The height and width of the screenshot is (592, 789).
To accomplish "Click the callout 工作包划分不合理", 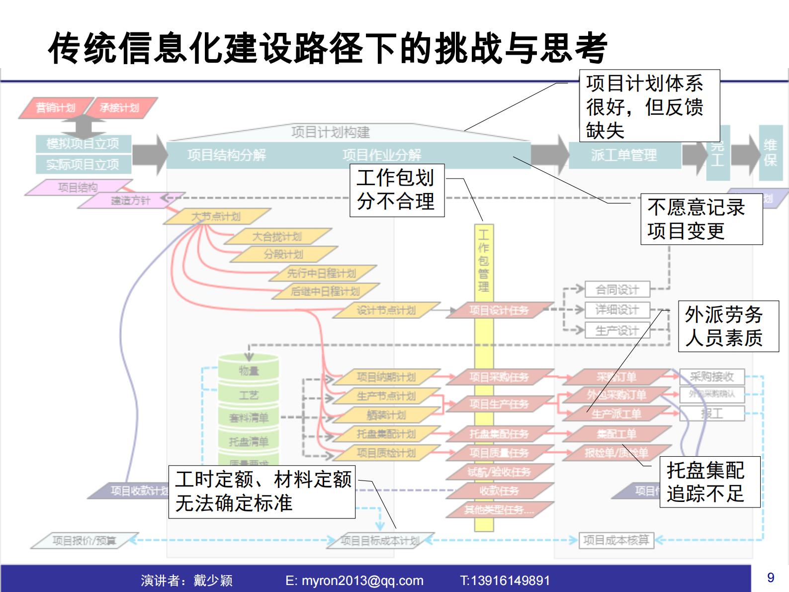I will coord(397,191).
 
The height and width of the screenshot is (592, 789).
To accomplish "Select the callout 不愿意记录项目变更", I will coord(701,219).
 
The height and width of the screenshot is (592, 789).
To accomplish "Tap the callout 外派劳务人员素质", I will coord(728,326).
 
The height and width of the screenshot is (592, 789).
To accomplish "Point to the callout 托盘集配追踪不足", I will coord(709,482).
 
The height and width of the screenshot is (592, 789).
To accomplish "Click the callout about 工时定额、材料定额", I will coord(262,492).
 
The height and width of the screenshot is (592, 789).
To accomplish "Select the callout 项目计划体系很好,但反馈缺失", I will coord(649,106).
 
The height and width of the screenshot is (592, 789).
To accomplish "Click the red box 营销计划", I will coord(55,108).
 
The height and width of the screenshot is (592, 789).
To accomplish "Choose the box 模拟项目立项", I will coord(83,144).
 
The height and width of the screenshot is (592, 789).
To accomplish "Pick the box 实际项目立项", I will coord(83,164).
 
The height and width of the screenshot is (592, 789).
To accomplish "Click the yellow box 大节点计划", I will coord(216,216).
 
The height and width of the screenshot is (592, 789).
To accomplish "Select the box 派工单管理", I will coord(624,155).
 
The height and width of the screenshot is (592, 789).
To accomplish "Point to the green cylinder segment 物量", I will coord(249,371).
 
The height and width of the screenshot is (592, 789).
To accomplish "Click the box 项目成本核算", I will coord(616,540).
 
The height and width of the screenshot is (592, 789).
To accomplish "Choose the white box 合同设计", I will coord(617,290).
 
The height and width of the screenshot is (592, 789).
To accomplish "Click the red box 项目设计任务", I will coord(499,310).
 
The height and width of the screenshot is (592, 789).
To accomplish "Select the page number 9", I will coord(770,578).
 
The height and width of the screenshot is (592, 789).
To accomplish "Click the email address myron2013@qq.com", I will coord(362,581).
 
